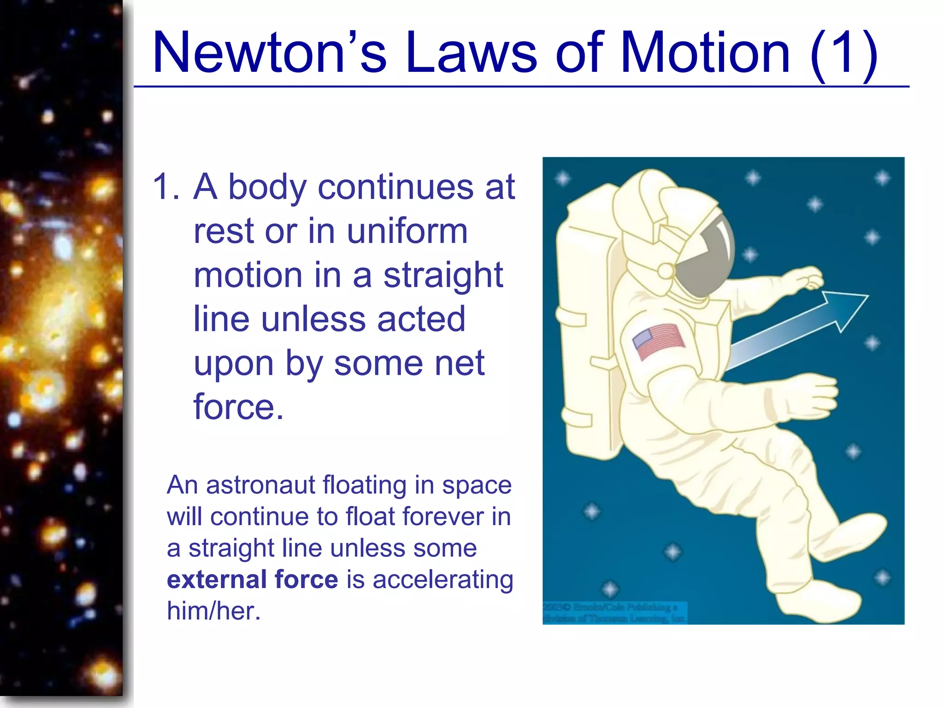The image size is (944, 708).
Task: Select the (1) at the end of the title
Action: [x=843, y=53]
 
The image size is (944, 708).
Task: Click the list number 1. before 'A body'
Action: [x=166, y=187]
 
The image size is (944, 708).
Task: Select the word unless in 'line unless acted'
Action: [x=314, y=319]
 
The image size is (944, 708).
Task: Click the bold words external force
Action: [x=253, y=580]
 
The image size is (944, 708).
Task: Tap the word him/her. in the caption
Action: [x=214, y=611]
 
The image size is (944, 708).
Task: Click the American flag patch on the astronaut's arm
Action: [x=659, y=341]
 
